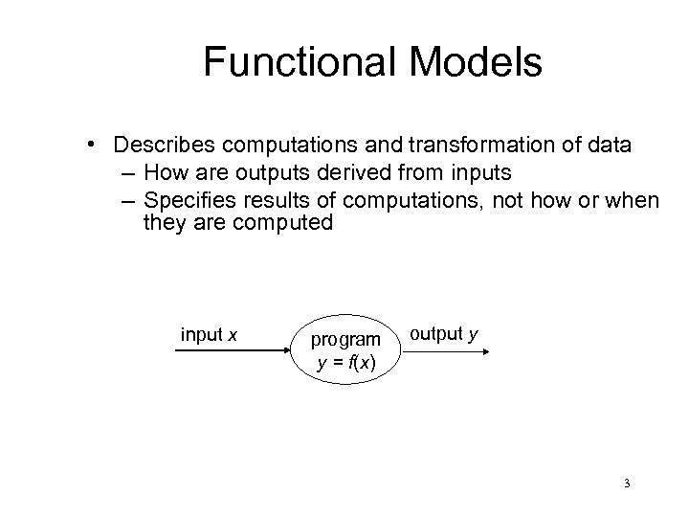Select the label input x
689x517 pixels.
(x=209, y=334)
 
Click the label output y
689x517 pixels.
(x=443, y=333)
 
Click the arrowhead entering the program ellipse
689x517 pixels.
(x=285, y=351)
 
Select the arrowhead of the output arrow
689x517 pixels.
(x=485, y=351)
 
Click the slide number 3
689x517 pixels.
(x=625, y=484)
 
